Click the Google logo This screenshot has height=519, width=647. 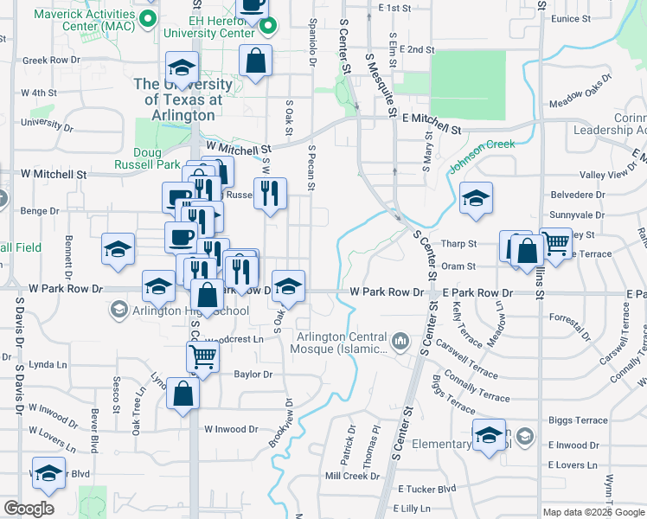[x=29, y=509]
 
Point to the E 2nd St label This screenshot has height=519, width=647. [x=415, y=49]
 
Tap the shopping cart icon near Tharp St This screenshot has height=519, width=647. [x=555, y=243]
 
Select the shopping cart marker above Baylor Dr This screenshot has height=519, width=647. [x=202, y=355]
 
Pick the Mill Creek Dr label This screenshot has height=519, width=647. [x=346, y=476]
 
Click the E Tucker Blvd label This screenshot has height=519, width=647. [x=423, y=489]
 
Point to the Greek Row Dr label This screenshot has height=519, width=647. [x=51, y=61]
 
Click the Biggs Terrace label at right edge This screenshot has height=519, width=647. [x=578, y=420]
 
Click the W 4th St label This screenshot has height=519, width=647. [x=39, y=92]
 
